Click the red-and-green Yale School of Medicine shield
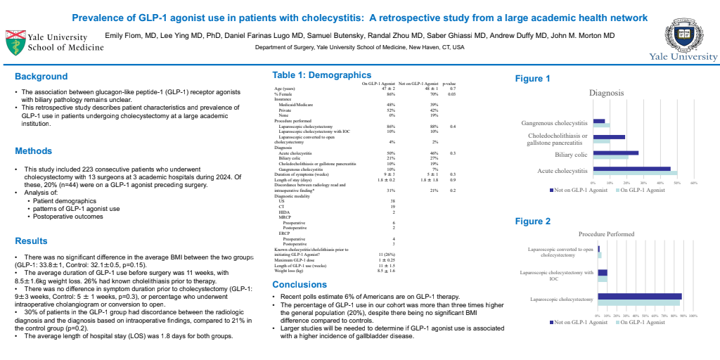14,41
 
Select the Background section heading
41,77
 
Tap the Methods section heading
34,150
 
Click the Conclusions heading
299,285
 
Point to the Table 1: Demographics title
321,75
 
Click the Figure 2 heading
533,221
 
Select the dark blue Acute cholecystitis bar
631,169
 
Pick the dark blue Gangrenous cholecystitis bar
598,121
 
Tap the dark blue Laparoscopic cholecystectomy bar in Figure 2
639,296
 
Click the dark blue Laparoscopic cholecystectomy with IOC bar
602,272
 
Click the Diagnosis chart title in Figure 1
607,93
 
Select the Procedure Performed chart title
606,234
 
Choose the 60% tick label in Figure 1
693,183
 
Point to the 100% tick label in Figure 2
692,316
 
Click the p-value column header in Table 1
450,83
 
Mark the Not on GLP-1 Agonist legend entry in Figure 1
578,190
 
